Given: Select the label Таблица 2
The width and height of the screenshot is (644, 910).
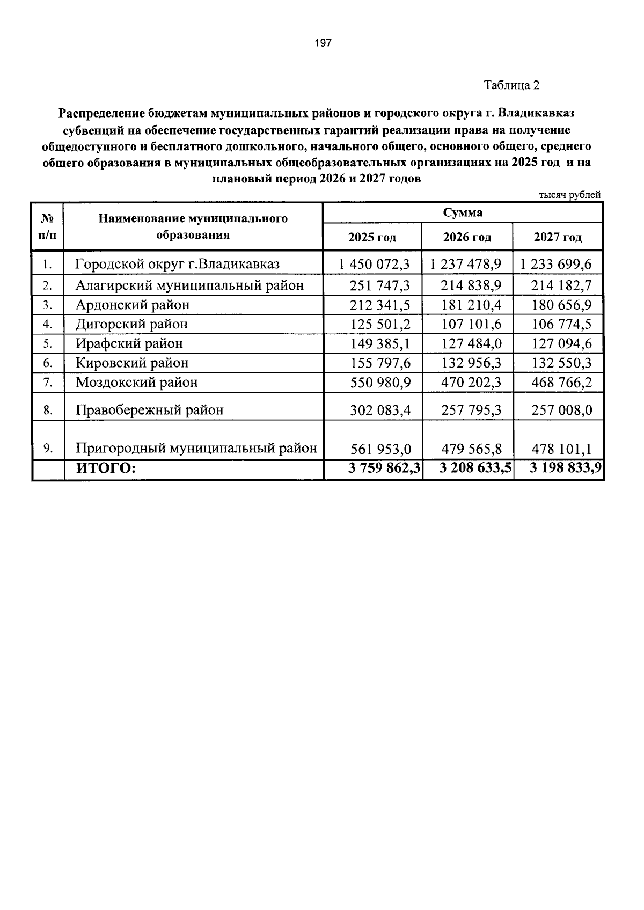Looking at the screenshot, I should [511, 85].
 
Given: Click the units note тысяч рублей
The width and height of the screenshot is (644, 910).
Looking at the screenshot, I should [569, 195].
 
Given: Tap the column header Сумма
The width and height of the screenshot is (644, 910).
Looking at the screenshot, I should [462, 212].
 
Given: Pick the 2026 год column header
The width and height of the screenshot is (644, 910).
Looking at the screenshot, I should [466, 238].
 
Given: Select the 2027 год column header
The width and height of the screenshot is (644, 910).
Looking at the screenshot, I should [557, 238].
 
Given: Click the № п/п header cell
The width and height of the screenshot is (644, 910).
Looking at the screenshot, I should [47, 226].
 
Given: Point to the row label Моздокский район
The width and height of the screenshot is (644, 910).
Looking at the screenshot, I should [136, 383].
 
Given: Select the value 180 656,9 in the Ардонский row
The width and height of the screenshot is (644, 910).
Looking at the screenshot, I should [561, 305].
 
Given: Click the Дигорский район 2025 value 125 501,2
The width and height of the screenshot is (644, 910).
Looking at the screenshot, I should [379, 325].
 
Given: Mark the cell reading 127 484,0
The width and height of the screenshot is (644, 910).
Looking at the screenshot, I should [471, 344].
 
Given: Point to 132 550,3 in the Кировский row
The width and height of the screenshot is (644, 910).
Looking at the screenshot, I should [561, 363].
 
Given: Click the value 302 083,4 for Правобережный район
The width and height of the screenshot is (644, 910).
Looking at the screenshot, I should [379, 410].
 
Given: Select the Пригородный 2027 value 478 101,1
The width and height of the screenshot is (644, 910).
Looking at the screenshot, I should [561, 449].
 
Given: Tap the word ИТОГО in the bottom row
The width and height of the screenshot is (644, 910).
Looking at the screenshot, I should [106, 468].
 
